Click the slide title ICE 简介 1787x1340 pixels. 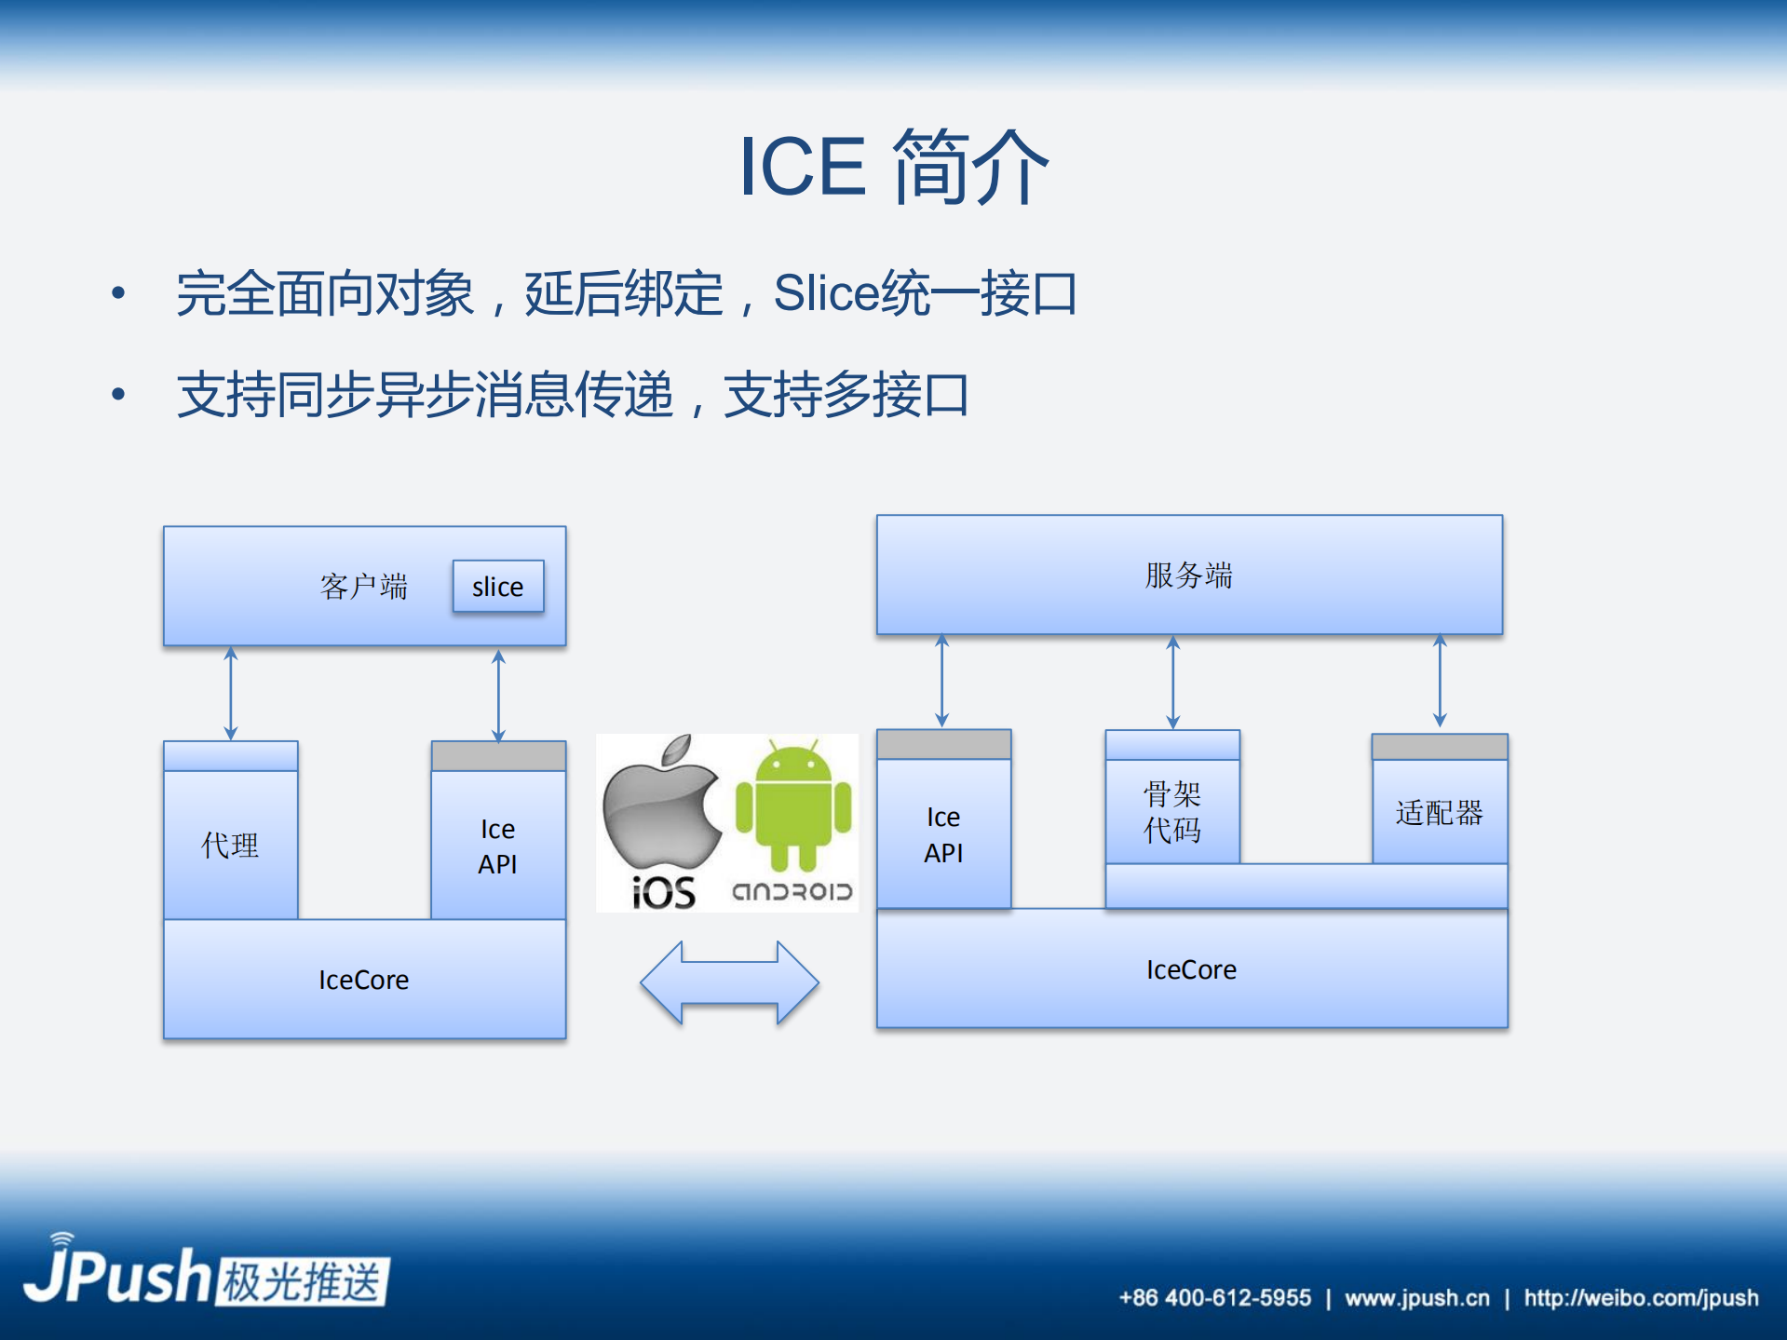click(893, 168)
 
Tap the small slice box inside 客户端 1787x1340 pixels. click(498, 587)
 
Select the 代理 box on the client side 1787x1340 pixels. click(230, 845)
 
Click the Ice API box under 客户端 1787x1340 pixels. click(497, 846)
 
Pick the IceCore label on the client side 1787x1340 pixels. click(364, 980)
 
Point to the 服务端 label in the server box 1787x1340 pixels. click(1188, 575)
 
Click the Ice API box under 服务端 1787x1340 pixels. click(943, 834)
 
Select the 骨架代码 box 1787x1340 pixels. click(1171, 812)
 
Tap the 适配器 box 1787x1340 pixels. click(1439, 812)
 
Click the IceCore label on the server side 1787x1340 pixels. click(1191, 969)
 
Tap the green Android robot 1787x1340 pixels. click(793, 803)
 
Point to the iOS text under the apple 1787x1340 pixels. click(663, 893)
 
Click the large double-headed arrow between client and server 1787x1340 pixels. click(729, 982)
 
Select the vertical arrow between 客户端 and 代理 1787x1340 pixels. click(231, 694)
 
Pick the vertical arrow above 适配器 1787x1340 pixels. click(1440, 682)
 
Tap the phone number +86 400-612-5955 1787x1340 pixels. click(1214, 1298)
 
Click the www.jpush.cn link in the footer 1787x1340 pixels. click(1416, 1298)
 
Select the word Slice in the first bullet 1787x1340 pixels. click(826, 294)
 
